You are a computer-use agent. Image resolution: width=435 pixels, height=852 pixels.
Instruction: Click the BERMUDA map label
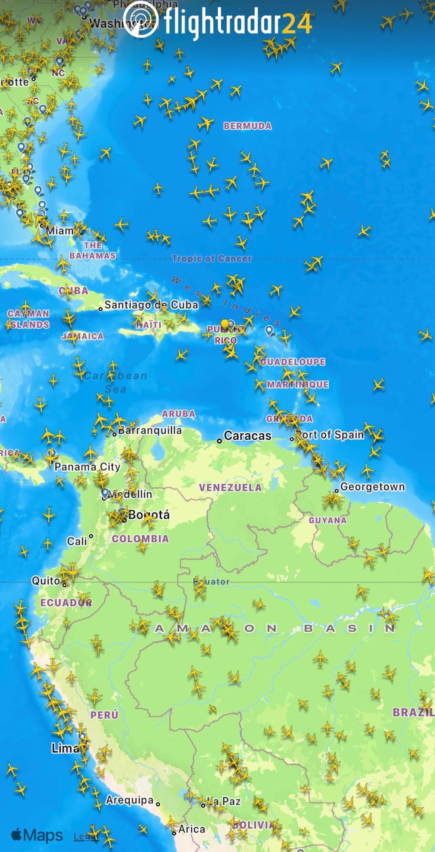247,126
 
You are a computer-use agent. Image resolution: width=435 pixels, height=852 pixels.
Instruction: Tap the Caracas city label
247,435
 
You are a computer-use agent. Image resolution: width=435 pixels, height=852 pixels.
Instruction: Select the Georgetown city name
372,487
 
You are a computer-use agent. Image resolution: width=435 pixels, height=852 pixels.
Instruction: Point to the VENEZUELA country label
230,487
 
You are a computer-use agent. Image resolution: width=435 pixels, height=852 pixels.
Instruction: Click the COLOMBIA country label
140,539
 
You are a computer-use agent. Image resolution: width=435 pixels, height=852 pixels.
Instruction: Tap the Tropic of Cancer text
211,259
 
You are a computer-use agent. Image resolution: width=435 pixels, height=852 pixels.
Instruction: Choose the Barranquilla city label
149,430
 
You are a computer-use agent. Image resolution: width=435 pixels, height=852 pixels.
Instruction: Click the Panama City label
87,466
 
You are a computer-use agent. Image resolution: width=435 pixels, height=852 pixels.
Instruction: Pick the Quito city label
46,580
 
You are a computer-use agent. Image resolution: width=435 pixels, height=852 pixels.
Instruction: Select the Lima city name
65,748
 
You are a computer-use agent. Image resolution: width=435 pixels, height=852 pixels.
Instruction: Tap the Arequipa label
129,800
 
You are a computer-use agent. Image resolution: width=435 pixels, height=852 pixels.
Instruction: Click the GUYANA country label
327,520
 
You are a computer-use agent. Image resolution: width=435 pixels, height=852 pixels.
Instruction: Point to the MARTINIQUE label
298,385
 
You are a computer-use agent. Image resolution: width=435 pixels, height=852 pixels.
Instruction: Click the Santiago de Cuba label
151,305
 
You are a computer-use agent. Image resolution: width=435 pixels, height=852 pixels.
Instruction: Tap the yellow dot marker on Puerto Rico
225,323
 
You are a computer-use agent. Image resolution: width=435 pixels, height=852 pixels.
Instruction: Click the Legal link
85,836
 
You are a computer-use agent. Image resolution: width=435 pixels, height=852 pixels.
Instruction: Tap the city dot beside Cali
91,536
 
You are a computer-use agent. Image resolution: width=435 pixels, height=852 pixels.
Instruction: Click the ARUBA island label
178,414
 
